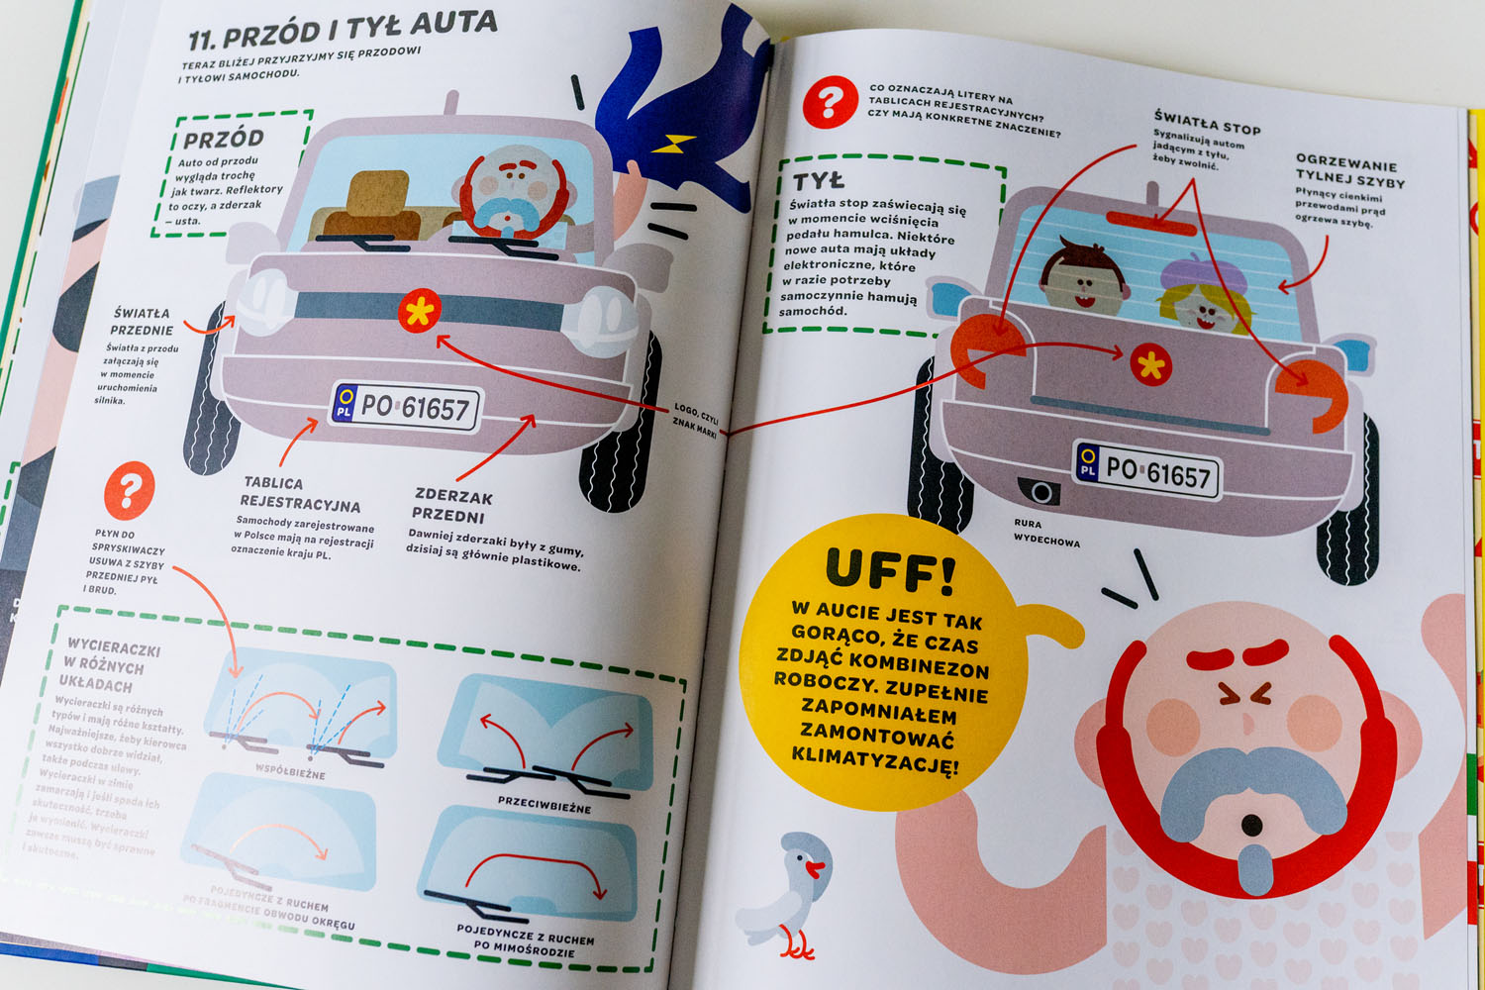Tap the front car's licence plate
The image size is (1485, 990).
[x=405, y=407]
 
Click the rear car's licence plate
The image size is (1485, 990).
[x=1147, y=471]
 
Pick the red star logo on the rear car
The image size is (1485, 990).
[x=1150, y=365]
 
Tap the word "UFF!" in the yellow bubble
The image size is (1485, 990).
[x=890, y=572]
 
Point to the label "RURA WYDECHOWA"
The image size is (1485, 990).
[x=1045, y=532]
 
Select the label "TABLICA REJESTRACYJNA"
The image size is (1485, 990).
[x=299, y=493]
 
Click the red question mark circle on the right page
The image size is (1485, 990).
[x=830, y=102]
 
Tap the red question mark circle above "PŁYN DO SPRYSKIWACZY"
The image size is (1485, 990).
[x=130, y=489]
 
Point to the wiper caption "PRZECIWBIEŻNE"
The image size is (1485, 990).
[x=544, y=805]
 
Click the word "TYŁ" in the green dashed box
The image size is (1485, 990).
[x=818, y=180]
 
